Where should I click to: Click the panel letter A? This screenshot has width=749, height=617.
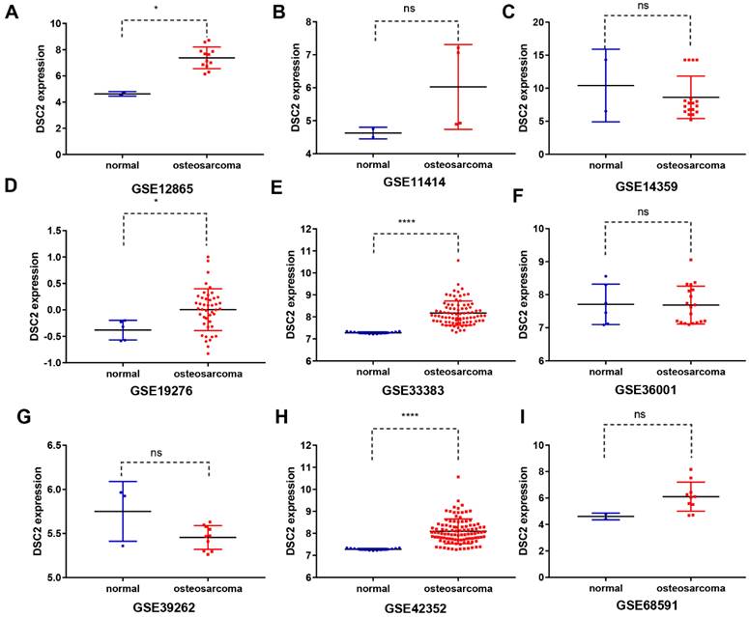(x=11, y=13)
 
